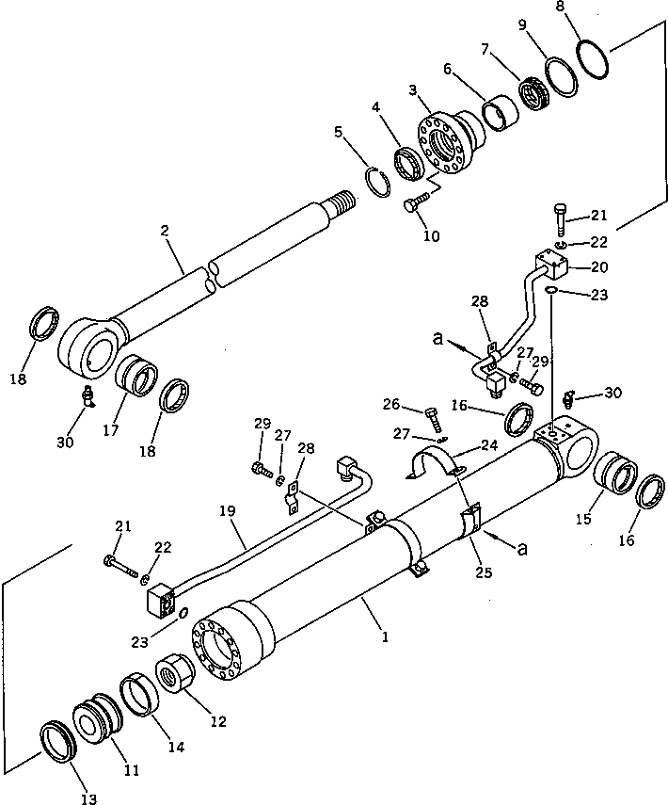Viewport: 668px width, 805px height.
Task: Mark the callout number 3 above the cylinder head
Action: [413, 89]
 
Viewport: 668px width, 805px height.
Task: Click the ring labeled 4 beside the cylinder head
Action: [411, 163]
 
